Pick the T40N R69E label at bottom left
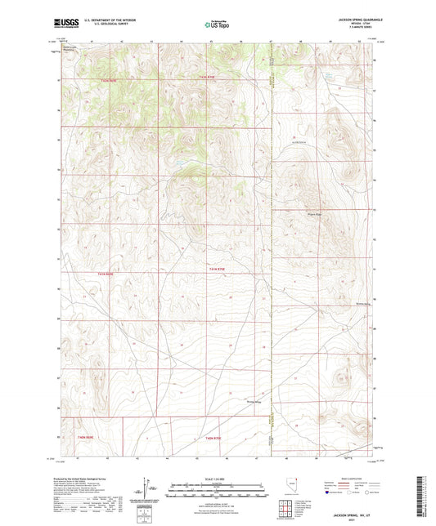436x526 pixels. [86, 440]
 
